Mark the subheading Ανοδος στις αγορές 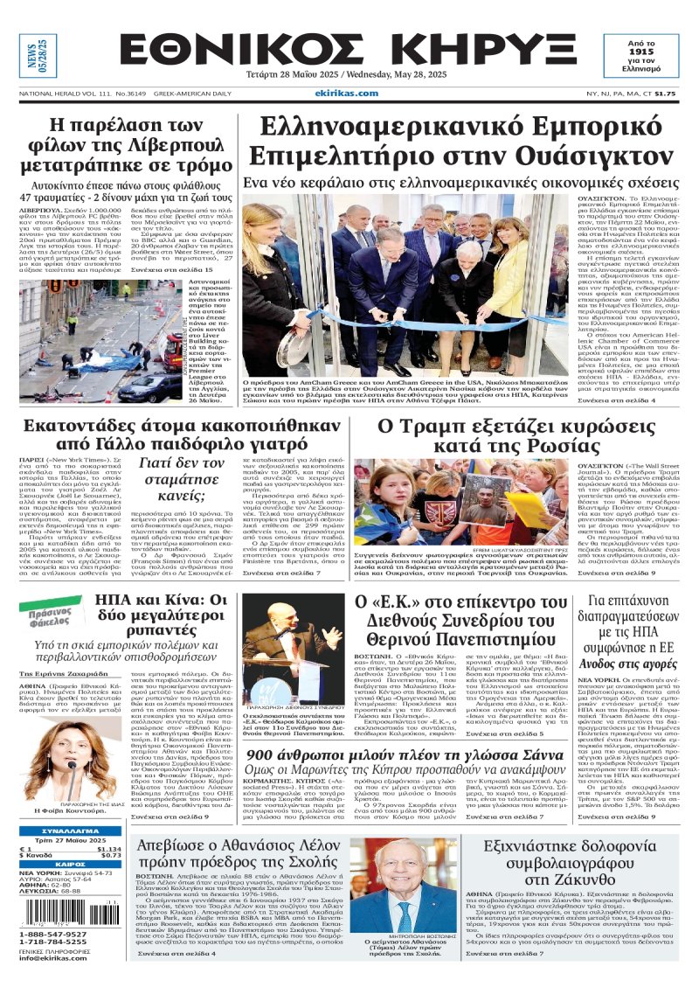point(624,640)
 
